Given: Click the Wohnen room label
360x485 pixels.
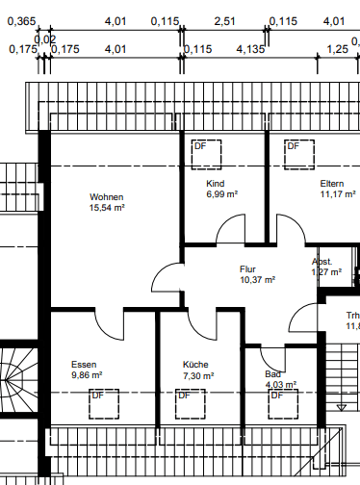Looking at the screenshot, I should coord(107,196).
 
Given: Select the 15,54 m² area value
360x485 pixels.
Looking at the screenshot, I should coord(108,207).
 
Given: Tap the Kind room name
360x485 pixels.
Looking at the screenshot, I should coord(215,183).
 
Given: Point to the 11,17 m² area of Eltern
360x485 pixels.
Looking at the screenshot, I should coord(338,193).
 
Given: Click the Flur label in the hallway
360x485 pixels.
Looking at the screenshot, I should coord(248,269).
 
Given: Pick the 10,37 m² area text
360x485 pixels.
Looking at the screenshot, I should coord(257,280).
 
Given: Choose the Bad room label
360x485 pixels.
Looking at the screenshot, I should coord(272,374).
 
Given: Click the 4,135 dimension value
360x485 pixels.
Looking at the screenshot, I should coord(249,48).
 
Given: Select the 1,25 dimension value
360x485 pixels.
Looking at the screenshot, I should coord(337,48).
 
